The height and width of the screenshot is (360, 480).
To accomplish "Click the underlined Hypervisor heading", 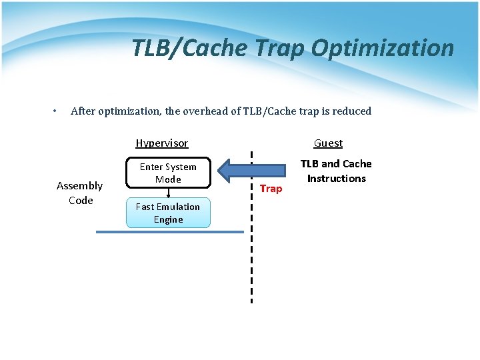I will tap(162, 143).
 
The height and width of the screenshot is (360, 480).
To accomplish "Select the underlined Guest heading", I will tap(328, 143).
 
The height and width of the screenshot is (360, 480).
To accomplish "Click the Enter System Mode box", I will tap(168, 173).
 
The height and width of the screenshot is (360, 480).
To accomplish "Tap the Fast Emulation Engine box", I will tap(168, 213).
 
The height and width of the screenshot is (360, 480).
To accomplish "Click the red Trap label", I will tap(271, 189).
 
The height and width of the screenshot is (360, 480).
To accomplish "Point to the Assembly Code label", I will tap(80, 193).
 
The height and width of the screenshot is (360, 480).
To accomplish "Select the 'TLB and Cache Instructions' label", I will tap(336, 171).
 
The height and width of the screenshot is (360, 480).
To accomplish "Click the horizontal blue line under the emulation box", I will tap(170, 232).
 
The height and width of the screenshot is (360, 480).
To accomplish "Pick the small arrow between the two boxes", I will tap(169, 193).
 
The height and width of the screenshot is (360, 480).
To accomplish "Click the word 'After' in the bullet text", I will tap(83, 111).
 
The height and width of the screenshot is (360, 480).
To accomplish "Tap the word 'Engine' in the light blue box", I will tap(168, 219).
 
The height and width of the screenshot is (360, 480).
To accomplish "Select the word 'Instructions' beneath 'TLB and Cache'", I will tap(336, 178).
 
